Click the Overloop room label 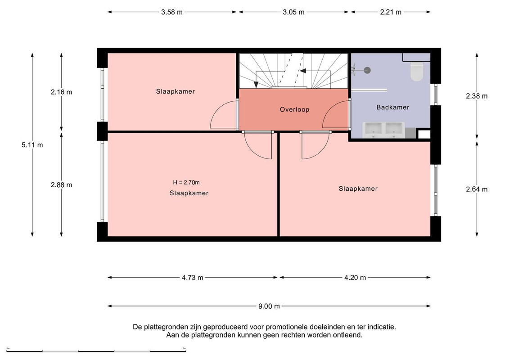point(294,109)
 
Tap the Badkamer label point(392,107)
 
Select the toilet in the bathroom point(417,71)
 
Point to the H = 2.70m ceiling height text point(186,182)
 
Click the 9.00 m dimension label point(269,306)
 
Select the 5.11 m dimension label point(32,145)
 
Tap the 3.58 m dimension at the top point(172,12)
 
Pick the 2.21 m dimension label point(391,12)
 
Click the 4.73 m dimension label point(193,278)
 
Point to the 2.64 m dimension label point(477,189)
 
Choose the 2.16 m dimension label point(61,92)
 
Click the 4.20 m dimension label point(355,278)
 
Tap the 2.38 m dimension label point(477,96)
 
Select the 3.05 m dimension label point(294,12)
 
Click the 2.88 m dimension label point(61,185)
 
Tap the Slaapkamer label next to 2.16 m point(176,91)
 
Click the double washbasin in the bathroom point(383,130)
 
